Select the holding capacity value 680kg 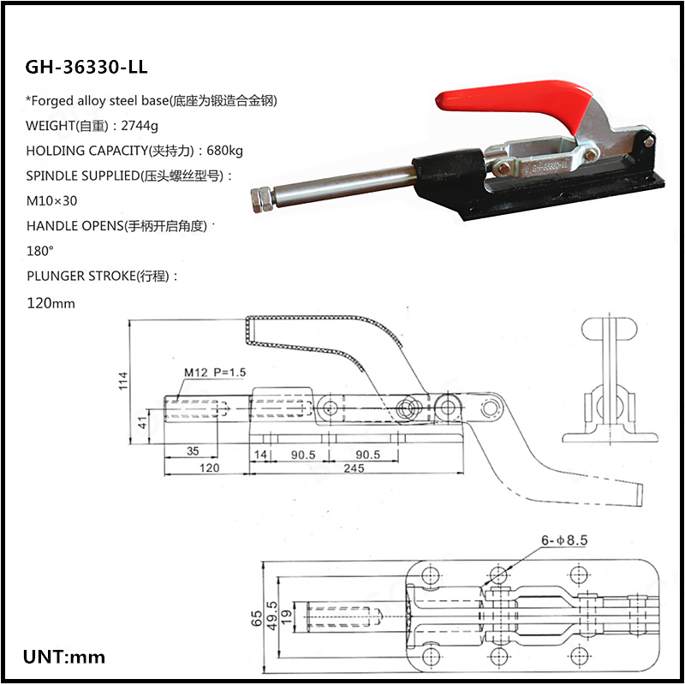[224, 151]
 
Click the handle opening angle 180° [40, 252]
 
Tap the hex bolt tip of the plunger [263, 201]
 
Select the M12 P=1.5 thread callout [215, 372]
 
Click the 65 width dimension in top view [258, 618]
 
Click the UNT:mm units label [64, 658]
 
